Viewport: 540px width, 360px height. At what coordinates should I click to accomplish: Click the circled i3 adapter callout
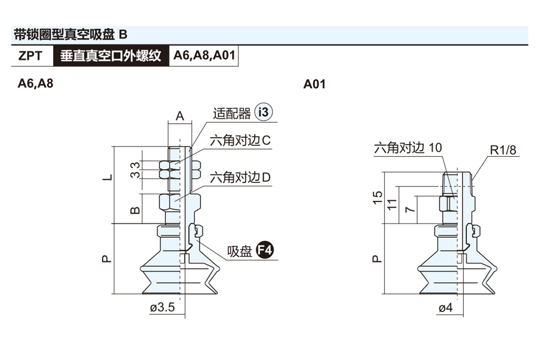264,112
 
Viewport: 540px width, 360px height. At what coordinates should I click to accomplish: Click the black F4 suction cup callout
265,251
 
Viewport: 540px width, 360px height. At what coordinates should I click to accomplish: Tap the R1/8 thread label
503,150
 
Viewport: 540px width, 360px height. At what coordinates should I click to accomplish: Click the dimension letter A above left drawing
180,116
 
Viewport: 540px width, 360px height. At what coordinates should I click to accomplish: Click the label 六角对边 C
240,141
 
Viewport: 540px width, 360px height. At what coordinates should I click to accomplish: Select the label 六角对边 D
240,178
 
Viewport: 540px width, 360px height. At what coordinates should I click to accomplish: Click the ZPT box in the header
31,56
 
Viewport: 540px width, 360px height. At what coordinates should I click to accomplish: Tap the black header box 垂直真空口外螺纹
111,56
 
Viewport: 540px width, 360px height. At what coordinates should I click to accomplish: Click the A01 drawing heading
314,84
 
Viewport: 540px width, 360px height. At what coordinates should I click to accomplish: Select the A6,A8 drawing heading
35,84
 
